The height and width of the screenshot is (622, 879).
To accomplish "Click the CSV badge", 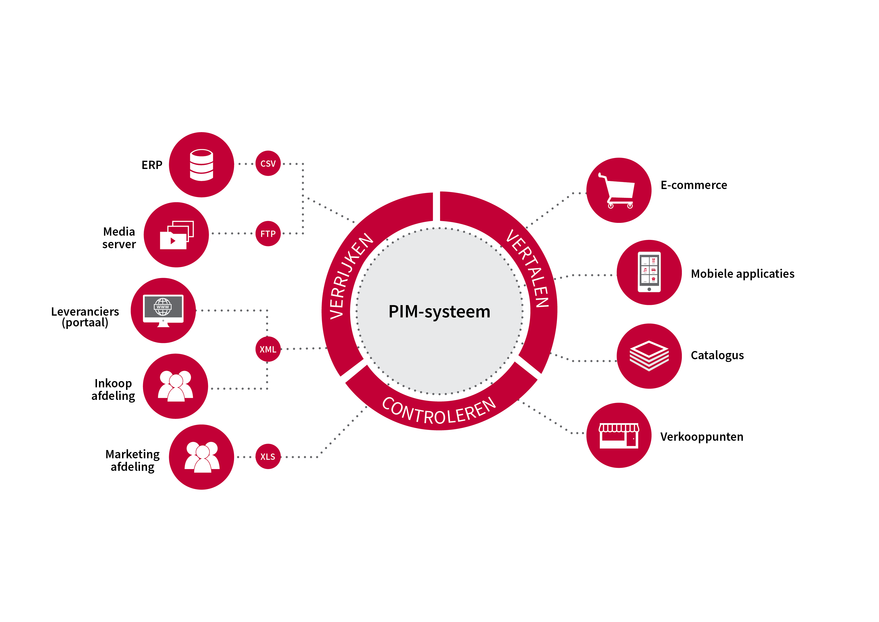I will [x=268, y=163].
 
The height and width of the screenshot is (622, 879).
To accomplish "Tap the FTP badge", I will [x=268, y=234].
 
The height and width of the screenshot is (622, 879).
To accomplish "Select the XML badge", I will [x=268, y=349].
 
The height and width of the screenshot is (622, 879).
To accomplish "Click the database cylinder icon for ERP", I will [x=201, y=165].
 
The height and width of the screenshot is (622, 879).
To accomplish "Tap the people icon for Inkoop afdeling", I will [x=175, y=386].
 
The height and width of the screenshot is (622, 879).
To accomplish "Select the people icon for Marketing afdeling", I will [x=202, y=457].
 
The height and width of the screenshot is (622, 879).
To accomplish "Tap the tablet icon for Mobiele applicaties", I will [x=649, y=272].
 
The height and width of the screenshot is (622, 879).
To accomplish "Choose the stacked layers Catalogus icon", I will [x=649, y=356].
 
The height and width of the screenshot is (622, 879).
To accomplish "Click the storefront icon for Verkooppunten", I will [x=619, y=435].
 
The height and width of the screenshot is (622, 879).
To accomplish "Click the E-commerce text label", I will [x=694, y=185].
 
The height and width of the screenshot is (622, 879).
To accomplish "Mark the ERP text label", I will [x=152, y=165].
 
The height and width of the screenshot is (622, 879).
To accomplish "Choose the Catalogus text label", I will [x=717, y=356].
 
